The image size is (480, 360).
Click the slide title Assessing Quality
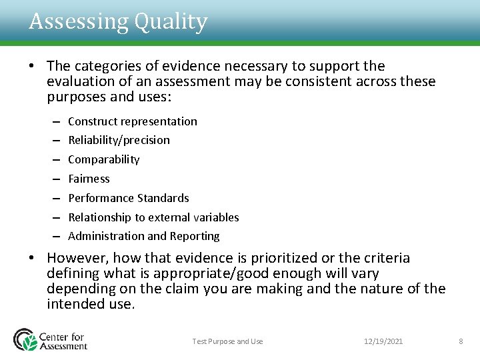(x=118, y=22)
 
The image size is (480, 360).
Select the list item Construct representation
(x=133, y=121)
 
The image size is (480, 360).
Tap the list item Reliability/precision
(x=119, y=140)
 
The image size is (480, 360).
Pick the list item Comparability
(x=104, y=159)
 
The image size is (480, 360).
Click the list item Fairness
(x=89, y=179)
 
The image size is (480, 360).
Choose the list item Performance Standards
(x=129, y=198)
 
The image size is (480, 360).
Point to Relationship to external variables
(x=153, y=217)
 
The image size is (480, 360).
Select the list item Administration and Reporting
(x=143, y=236)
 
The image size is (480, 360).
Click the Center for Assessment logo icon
(x=26, y=339)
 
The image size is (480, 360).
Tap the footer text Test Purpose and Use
(x=227, y=341)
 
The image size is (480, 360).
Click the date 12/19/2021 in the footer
(x=383, y=341)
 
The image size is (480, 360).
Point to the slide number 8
(x=461, y=341)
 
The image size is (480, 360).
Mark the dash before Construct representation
(x=54, y=121)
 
